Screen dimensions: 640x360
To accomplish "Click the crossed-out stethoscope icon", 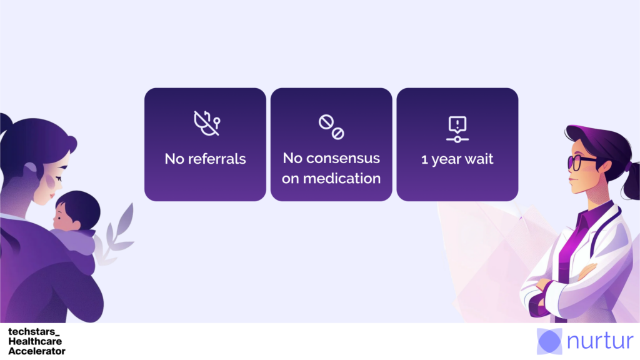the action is (206, 123).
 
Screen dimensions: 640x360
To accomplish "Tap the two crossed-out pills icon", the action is (331, 127).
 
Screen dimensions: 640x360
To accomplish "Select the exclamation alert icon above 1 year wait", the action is (457, 129).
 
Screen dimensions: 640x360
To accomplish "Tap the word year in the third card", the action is (446, 159).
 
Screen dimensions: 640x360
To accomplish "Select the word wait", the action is (478, 159).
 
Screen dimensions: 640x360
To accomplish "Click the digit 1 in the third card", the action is (424, 159).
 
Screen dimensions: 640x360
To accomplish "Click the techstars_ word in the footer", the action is (34, 331).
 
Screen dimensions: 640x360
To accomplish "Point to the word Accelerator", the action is (37, 351).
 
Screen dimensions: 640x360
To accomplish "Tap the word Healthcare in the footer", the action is (35, 341).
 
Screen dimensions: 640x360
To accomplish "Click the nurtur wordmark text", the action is (601, 341).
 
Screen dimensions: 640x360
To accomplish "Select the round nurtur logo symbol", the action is (549, 341).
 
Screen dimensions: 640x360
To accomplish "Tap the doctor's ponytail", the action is (631, 179).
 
